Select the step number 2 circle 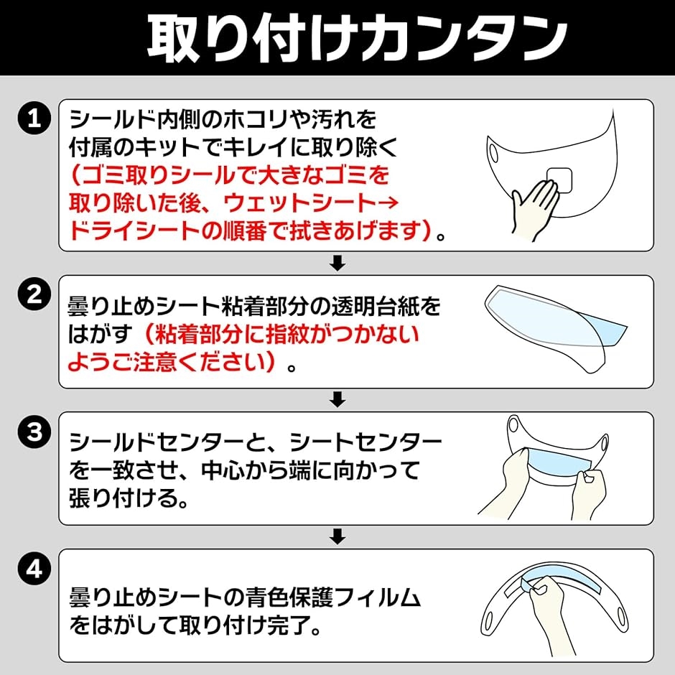coord(34,295)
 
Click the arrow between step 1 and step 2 coord(337,263)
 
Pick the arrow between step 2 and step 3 coord(337,399)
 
